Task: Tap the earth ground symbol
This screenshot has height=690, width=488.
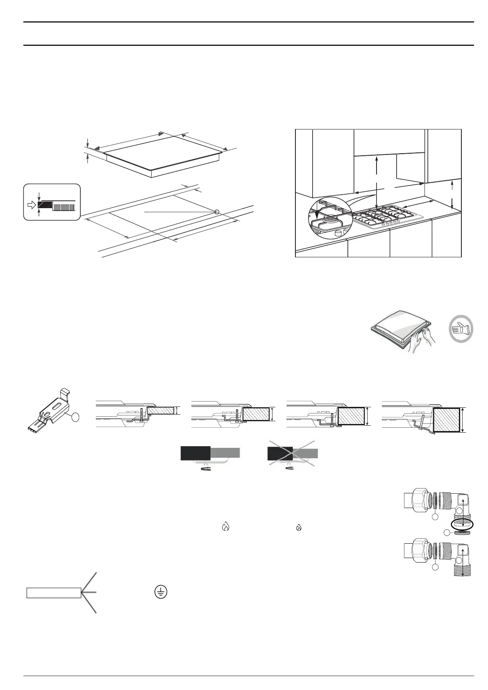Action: click(x=161, y=592)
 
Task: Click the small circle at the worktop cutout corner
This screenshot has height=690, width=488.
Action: click(x=217, y=212)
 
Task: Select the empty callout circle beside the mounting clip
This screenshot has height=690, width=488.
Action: click(x=75, y=418)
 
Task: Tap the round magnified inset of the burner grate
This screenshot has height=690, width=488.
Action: click(x=329, y=218)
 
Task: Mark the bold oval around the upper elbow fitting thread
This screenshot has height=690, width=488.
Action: click(x=461, y=524)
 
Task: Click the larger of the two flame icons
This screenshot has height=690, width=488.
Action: click(x=225, y=527)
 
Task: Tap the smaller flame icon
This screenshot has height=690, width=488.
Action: click(x=299, y=528)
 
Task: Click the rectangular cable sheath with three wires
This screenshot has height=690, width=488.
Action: click(x=54, y=592)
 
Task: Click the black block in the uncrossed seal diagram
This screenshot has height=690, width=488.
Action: click(x=195, y=453)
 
